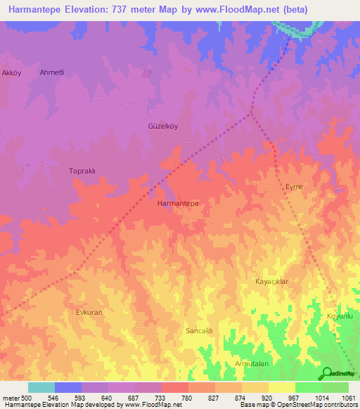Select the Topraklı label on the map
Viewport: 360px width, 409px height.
coord(86,171)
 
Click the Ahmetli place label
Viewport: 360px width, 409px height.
coord(52,72)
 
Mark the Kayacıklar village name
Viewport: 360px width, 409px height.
coord(271,281)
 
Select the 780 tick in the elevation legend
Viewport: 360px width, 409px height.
coord(187,398)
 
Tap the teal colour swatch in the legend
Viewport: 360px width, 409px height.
coord(41,387)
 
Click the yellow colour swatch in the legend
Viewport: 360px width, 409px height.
coord(281,387)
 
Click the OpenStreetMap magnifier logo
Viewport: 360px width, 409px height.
coord(328,372)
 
